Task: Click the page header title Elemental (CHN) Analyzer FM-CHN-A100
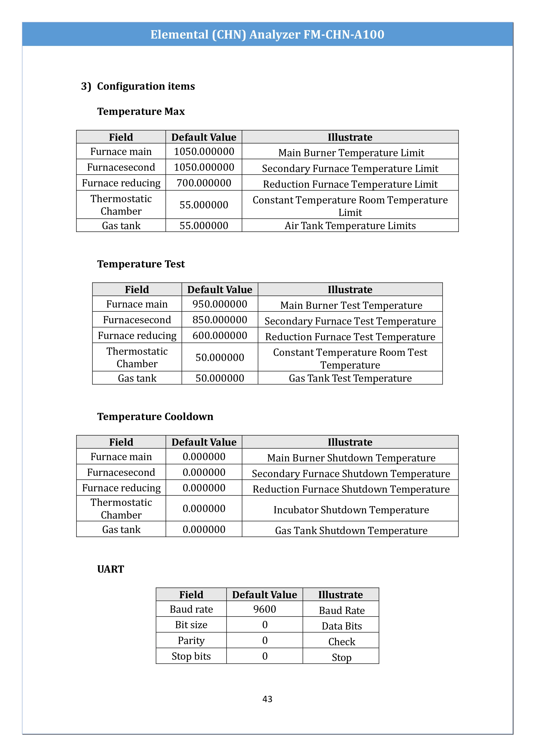[267, 34]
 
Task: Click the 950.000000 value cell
[220, 304]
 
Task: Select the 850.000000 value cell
[220, 320]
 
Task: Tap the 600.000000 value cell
[220, 336]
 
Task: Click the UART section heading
[110, 569]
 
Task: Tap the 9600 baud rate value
[265, 609]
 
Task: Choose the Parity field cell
[191, 640]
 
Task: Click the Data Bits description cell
[341, 626]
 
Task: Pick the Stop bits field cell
[191, 656]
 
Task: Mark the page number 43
[267, 699]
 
